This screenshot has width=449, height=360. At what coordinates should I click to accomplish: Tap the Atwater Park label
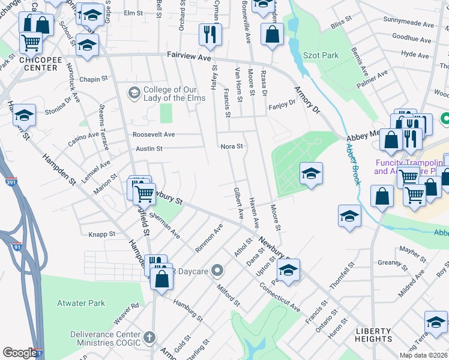pyautogui.click(x=81, y=303)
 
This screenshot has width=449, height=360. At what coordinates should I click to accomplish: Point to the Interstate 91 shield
pyautogui.click(x=16, y=246)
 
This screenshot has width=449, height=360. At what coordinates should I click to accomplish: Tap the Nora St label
pyautogui.click(x=232, y=146)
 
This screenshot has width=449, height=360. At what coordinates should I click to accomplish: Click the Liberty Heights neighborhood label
pyautogui.click(x=373, y=335)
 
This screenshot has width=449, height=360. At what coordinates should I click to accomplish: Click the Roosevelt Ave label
pyautogui.click(x=154, y=134)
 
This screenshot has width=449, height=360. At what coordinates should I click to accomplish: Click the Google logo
pyautogui.click(x=20, y=352)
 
